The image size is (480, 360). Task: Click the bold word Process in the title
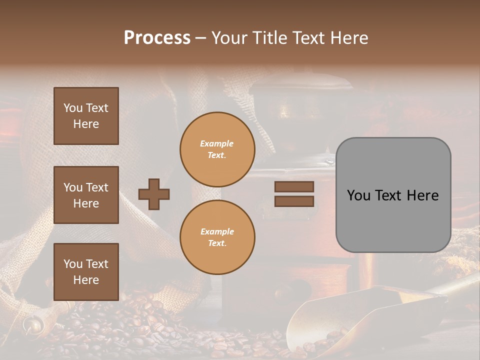coord(157,38)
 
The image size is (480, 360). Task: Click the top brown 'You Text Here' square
coord(86,116)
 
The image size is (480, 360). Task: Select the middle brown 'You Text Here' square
coord(86,195)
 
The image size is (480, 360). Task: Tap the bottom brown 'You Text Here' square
coord(86,271)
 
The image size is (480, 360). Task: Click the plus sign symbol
coord(154,194)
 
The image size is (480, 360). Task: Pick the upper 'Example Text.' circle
coord(217,149)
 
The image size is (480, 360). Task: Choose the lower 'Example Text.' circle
coord(217,237)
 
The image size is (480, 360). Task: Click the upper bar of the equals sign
coord(294,186)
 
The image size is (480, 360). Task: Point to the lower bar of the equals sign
coord(294,201)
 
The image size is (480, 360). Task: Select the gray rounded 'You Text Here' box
coord(393,195)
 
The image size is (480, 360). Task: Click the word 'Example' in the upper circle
coord(217,143)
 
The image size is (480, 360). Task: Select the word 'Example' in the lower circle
coord(217,231)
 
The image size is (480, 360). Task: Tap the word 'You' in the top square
coord(73,108)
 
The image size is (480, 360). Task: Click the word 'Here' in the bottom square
coord(86,280)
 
